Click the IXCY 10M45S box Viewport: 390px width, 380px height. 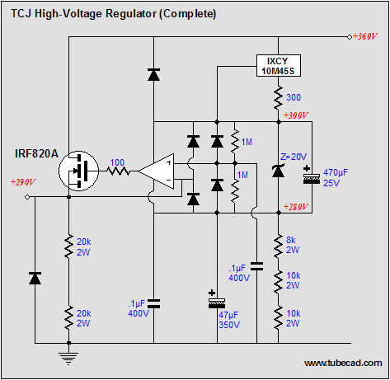click(x=279, y=66)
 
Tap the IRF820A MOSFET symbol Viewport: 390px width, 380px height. click(x=79, y=171)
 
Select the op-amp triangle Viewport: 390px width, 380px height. click(x=156, y=171)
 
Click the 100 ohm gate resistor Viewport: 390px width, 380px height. click(x=118, y=171)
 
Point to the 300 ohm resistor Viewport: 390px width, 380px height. click(x=279, y=97)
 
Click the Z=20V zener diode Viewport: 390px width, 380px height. click(x=278, y=171)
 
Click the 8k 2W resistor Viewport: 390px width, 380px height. click(x=279, y=246)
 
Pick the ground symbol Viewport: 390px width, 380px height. click(x=68, y=359)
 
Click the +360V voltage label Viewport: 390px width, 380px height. click(x=365, y=36)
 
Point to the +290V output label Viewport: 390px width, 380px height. click(x=23, y=182)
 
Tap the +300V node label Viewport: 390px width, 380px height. click(x=296, y=115)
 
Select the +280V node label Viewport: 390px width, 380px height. click(x=296, y=207)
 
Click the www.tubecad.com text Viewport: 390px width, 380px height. click(x=343, y=364)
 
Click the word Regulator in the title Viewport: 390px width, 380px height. click(x=131, y=14)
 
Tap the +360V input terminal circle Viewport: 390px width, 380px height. click(x=350, y=37)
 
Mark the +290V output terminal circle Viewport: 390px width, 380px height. click(x=27, y=197)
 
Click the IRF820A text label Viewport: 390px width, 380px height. click(x=36, y=153)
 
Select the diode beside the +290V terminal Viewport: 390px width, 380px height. click(x=35, y=278)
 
